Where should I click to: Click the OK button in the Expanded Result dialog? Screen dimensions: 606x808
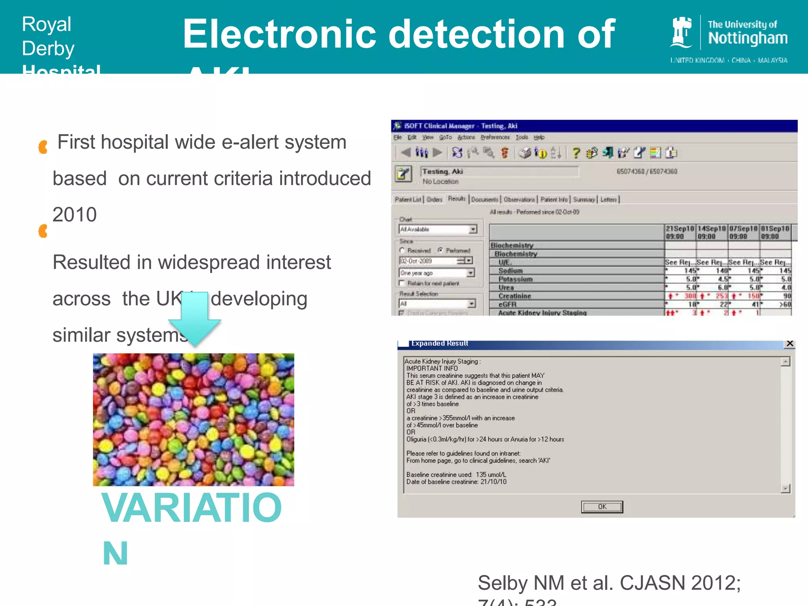tap(602, 507)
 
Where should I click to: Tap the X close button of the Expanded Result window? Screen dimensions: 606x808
tap(789, 343)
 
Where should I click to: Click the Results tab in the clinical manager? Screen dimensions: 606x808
tap(457, 199)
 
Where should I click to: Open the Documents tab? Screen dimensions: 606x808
tap(485, 200)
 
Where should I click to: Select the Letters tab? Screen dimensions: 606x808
tap(608, 200)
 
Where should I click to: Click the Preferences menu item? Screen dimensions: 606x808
tap(495, 137)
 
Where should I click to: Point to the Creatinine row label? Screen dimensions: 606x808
tap(514, 296)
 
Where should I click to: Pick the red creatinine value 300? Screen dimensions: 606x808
tap(690, 296)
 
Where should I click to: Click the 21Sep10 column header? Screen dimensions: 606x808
tap(680, 232)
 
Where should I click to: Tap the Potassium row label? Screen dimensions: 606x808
tap(515, 279)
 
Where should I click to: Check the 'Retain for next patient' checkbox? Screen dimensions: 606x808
tap(402, 283)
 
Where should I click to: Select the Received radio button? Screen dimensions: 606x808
tap(402, 251)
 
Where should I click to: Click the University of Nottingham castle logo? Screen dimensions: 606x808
tap(681, 32)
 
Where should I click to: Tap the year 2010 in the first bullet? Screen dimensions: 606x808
tap(75, 215)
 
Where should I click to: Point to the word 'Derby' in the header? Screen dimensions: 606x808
tap(48, 49)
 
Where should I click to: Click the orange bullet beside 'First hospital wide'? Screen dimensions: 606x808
tap(43, 147)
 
